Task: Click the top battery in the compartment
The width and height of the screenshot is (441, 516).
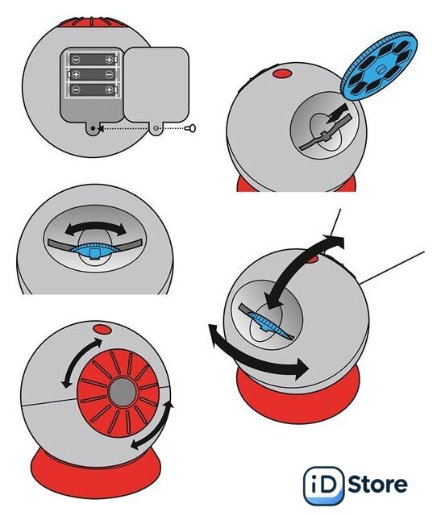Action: tap(93, 60)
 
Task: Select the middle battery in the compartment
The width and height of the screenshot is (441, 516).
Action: tap(92, 75)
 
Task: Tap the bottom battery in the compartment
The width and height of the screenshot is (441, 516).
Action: tap(93, 89)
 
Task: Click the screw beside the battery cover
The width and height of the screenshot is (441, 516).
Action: tap(191, 127)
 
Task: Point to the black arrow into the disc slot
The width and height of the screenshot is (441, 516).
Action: tap(337, 114)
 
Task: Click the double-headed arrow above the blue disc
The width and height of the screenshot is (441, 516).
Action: tap(96, 227)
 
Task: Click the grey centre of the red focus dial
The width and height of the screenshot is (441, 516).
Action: tap(122, 392)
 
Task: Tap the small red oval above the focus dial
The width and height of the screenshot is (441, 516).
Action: tap(102, 329)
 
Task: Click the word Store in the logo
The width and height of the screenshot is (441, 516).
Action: tap(377, 484)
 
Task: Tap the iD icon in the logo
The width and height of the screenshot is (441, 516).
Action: tap(323, 485)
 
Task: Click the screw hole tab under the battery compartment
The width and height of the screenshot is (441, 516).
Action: tap(94, 128)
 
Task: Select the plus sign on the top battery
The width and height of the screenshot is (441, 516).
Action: tap(109, 60)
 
